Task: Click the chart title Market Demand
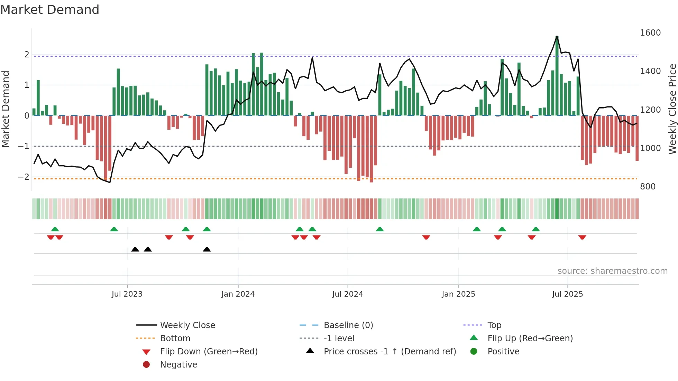click(x=50, y=10)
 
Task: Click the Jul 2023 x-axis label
click(x=127, y=294)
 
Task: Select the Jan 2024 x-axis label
click(x=238, y=294)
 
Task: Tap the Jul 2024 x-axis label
click(x=348, y=294)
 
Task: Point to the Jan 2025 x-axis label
click(x=458, y=294)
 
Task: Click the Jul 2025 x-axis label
click(x=568, y=294)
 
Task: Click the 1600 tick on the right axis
click(x=650, y=33)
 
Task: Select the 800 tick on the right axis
click(x=648, y=187)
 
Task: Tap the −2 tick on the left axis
click(x=24, y=177)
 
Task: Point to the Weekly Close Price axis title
click(x=672, y=109)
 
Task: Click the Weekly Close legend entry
click(x=187, y=325)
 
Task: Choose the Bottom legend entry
click(x=175, y=338)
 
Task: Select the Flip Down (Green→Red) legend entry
click(x=209, y=352)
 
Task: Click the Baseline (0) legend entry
click(x=348, y=325)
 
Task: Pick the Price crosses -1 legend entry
click(x=390, y=352)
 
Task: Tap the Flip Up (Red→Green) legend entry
click(x=530, y=338)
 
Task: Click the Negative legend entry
click(x=178, y=365)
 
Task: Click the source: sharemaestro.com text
click(x=612, y=271)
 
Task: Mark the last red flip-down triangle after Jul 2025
click(x=582, y=237)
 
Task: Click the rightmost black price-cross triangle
click(x=207, y=249)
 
